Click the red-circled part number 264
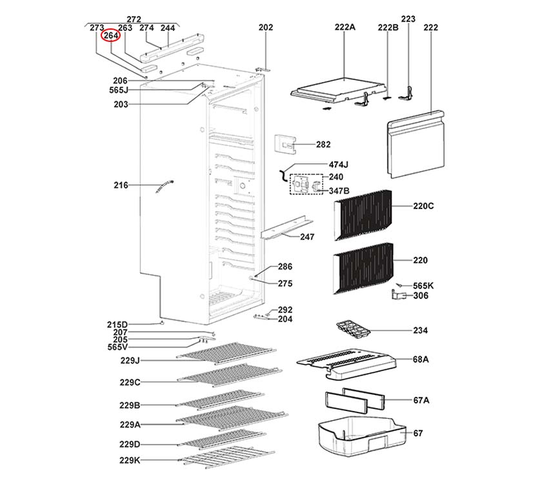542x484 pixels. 110,37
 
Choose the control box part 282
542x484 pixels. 285,145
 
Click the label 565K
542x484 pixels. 423,285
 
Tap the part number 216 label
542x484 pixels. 121,185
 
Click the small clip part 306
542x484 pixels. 400,296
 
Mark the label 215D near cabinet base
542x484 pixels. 117,324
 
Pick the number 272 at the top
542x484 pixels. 134,19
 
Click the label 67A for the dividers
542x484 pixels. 421,400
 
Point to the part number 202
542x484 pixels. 266,28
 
